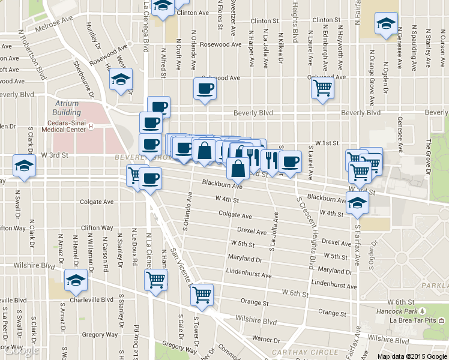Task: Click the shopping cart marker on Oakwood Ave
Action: [323, 88]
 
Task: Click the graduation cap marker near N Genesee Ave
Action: [384, 24]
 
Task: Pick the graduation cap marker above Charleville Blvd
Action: [75, 279]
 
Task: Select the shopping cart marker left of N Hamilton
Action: [155, 279]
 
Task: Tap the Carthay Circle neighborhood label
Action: [298, 352]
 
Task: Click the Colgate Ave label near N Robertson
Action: [97, 202]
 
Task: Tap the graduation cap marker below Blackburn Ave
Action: [358, 203]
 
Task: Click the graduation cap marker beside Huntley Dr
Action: [121, 79]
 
